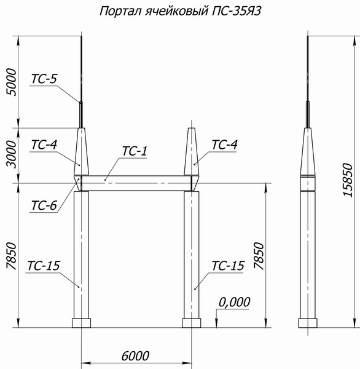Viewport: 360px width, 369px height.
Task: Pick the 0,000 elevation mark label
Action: [235, 301]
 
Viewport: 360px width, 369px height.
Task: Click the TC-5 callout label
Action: [44, 79]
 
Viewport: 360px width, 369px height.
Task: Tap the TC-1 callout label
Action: [136, 151]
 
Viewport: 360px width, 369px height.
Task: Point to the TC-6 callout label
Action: [44, 205]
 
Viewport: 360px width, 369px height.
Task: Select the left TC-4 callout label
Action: [44, 145]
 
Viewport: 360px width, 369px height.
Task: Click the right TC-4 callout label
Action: [224, 145]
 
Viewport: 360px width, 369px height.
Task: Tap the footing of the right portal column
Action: [192, 323]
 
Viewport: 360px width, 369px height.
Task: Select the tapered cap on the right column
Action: [192, 154]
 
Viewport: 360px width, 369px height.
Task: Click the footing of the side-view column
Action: [308, 323]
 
